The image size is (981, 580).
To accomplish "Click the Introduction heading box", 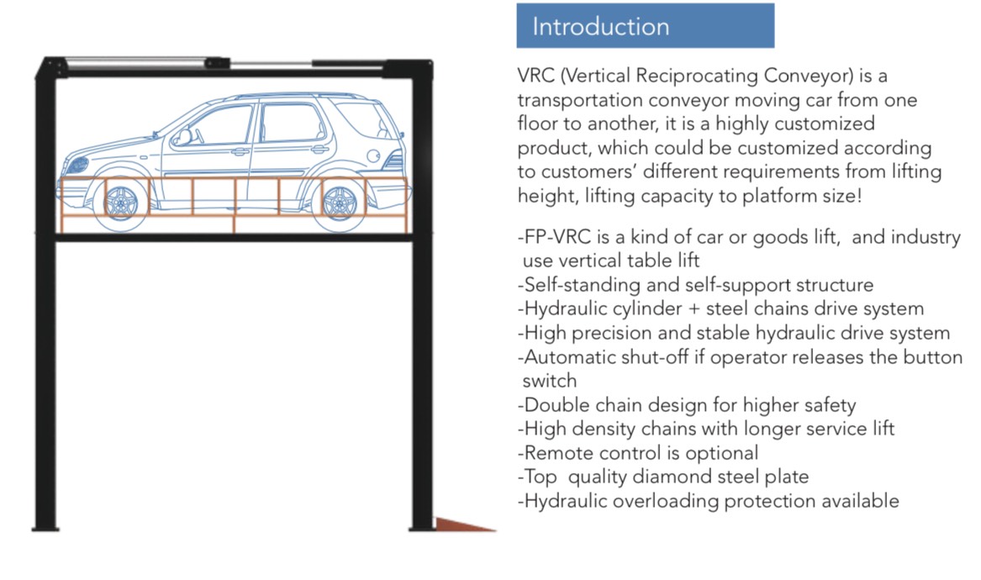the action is [645, 26].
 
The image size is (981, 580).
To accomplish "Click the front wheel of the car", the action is [121, 203].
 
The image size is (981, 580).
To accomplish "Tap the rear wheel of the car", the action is [340, 203].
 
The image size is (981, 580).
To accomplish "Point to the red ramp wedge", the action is [466, 525].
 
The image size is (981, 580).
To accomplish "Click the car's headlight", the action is [77, 166].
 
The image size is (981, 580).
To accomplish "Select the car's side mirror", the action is [182, 137].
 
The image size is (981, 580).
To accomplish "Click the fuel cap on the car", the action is [373, 156].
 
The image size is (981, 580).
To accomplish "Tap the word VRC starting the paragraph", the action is [536, 76].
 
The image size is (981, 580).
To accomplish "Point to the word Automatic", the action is [570, 356].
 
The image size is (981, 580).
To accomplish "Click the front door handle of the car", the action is [240, 151].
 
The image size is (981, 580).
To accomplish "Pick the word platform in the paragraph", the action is [780, 197].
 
